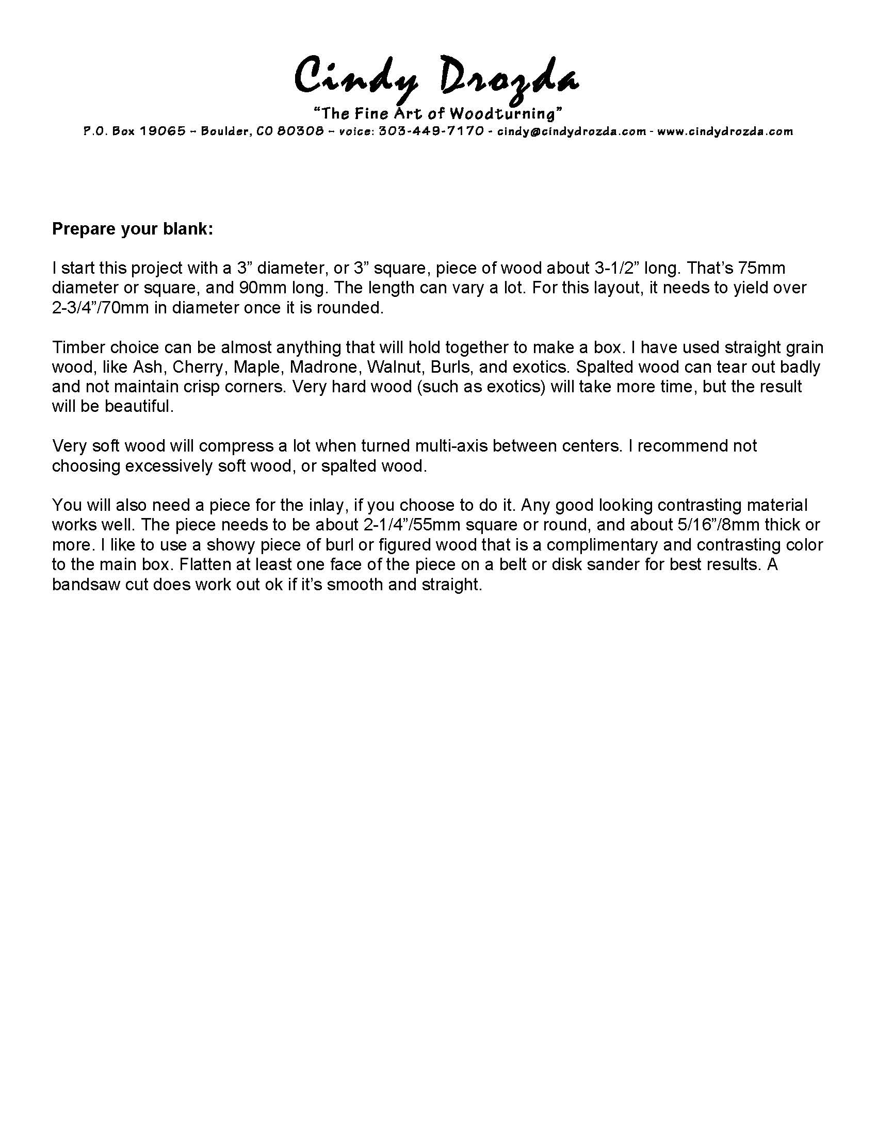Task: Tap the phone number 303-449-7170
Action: pos(432,131)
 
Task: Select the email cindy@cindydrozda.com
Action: pos(572,131)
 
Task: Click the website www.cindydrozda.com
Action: pos(725,131)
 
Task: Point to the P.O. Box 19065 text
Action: pos(135,131)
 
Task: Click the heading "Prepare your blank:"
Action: pos(133,229)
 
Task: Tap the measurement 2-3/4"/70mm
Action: pos(109,308)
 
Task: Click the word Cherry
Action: pos(200,367)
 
